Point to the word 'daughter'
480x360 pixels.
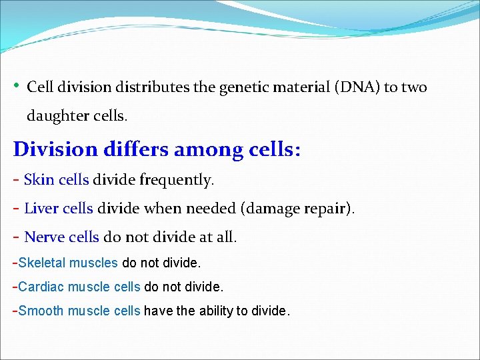click(x=55, y=116)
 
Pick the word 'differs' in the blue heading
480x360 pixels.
click(x=136, y=149)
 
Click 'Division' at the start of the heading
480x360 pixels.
click(x=55, y=149)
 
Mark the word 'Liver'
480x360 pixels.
click(x=41, y=209)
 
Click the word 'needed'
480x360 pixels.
click(x=209, y=209)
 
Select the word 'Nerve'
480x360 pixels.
click(x=44, y=237)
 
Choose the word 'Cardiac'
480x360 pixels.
click(x=41, y=287)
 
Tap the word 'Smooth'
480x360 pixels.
click(x=41, y=311)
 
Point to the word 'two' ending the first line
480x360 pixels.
click(x=413, y=87)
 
